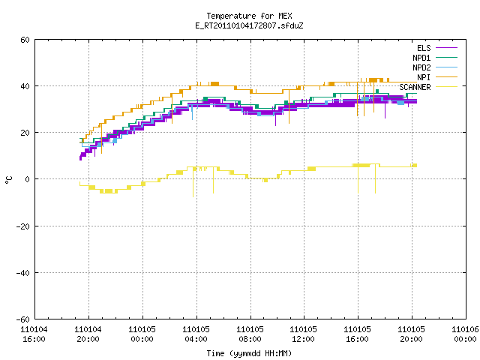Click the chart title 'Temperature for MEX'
pyautogui.click(x=249, y=16)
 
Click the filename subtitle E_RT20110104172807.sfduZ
pyautogui.click(x=249, y=25)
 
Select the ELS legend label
pyautogui.click(x=424, y=48)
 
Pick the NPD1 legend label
pyautogui.click(x=421, y=58)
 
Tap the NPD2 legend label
pyautogui.click(x=421, y=67)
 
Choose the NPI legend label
pyautogui.click(x=424, y=77)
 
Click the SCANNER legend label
pyautogui.click(x=415, y=87)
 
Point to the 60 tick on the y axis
pyautogui.click(x=25, y=40)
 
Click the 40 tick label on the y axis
pyautogui.click(x=25, y=86)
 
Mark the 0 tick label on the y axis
pyautogui.click(x=27, y=179)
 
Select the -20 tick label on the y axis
pyautogui.click(x=23, y=226)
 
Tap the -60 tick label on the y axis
pyautogui.click(x=23, y=319)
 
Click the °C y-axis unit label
pyautogui.click(x=9, y=180)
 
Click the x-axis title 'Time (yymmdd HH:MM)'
pyautogui.click(x=249, y=353)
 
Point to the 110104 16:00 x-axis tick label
pyautogui.click(x=34, y=334)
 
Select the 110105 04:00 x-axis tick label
pyautogui.click(x=196, y=334)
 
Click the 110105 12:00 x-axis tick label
pyautogui.click(x=303, y=334)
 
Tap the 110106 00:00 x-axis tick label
pyautogui.click(x=465, y=334)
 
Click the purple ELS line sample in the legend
pyautogui.click(x=446, y=48)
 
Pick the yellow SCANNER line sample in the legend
pyautogui.click(x=446, y=87)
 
